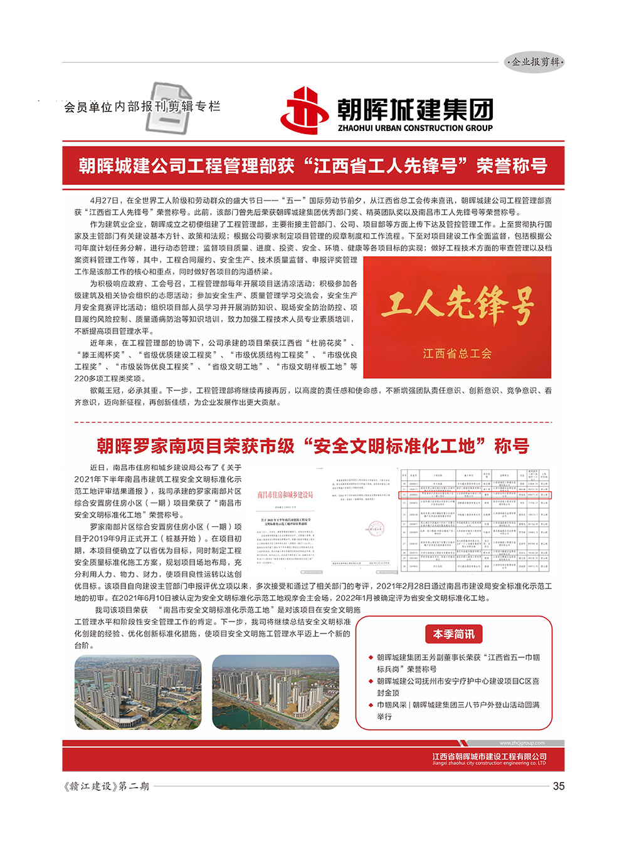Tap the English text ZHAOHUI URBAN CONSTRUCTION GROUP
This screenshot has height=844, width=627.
coord(415,128)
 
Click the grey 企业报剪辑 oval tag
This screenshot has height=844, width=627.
coord(535,62)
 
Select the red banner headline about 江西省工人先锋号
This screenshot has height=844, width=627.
coord(313,166)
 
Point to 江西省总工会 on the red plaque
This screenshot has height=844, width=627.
coord(457,353)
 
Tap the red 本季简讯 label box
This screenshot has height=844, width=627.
coord(453,634)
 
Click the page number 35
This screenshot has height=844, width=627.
coord(558,786)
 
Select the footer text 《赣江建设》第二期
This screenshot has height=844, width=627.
coord(107,786)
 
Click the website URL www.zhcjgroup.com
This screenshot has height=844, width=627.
coord(522,743)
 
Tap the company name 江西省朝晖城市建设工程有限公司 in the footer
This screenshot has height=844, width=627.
coord(489,756)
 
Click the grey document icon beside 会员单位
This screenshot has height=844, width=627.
coord(169,108)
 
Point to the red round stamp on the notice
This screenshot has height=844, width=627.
coord(376,528)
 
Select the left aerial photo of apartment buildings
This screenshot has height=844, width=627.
coord(138,692)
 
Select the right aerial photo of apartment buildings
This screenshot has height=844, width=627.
coord(276,692)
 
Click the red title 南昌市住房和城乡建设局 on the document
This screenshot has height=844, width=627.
coord(285,495)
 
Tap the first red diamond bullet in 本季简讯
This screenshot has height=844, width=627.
coord(371,658)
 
